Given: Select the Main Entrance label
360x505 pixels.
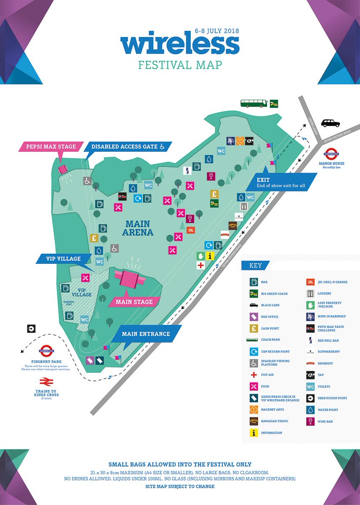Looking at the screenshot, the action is [146, 334].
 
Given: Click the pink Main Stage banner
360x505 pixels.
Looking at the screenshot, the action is [133, 302].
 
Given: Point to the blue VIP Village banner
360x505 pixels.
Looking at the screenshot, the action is [64, 258].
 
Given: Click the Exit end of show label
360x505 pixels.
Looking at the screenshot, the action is [280, 182].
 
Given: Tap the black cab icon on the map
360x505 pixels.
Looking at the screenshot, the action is [330, 123].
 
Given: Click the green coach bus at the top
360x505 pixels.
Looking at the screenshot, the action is [254, 103].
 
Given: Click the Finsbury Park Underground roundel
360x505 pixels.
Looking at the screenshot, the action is [46, 350].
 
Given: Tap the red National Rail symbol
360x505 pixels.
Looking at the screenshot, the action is [46, 382].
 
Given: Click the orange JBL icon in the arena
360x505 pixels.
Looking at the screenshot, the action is [191, 230].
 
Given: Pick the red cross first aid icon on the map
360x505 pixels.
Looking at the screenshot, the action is [201, 265].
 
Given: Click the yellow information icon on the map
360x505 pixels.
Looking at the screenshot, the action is [211, 256].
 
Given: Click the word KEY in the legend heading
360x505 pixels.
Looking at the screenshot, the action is [256, 266].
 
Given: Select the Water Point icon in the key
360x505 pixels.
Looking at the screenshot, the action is [310, 410].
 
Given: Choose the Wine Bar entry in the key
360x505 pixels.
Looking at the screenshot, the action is [310, 421].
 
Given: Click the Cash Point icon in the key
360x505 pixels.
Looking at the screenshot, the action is [253, 328].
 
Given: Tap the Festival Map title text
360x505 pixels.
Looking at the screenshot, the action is [180, 65].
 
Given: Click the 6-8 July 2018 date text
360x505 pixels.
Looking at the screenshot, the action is [216, 32].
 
